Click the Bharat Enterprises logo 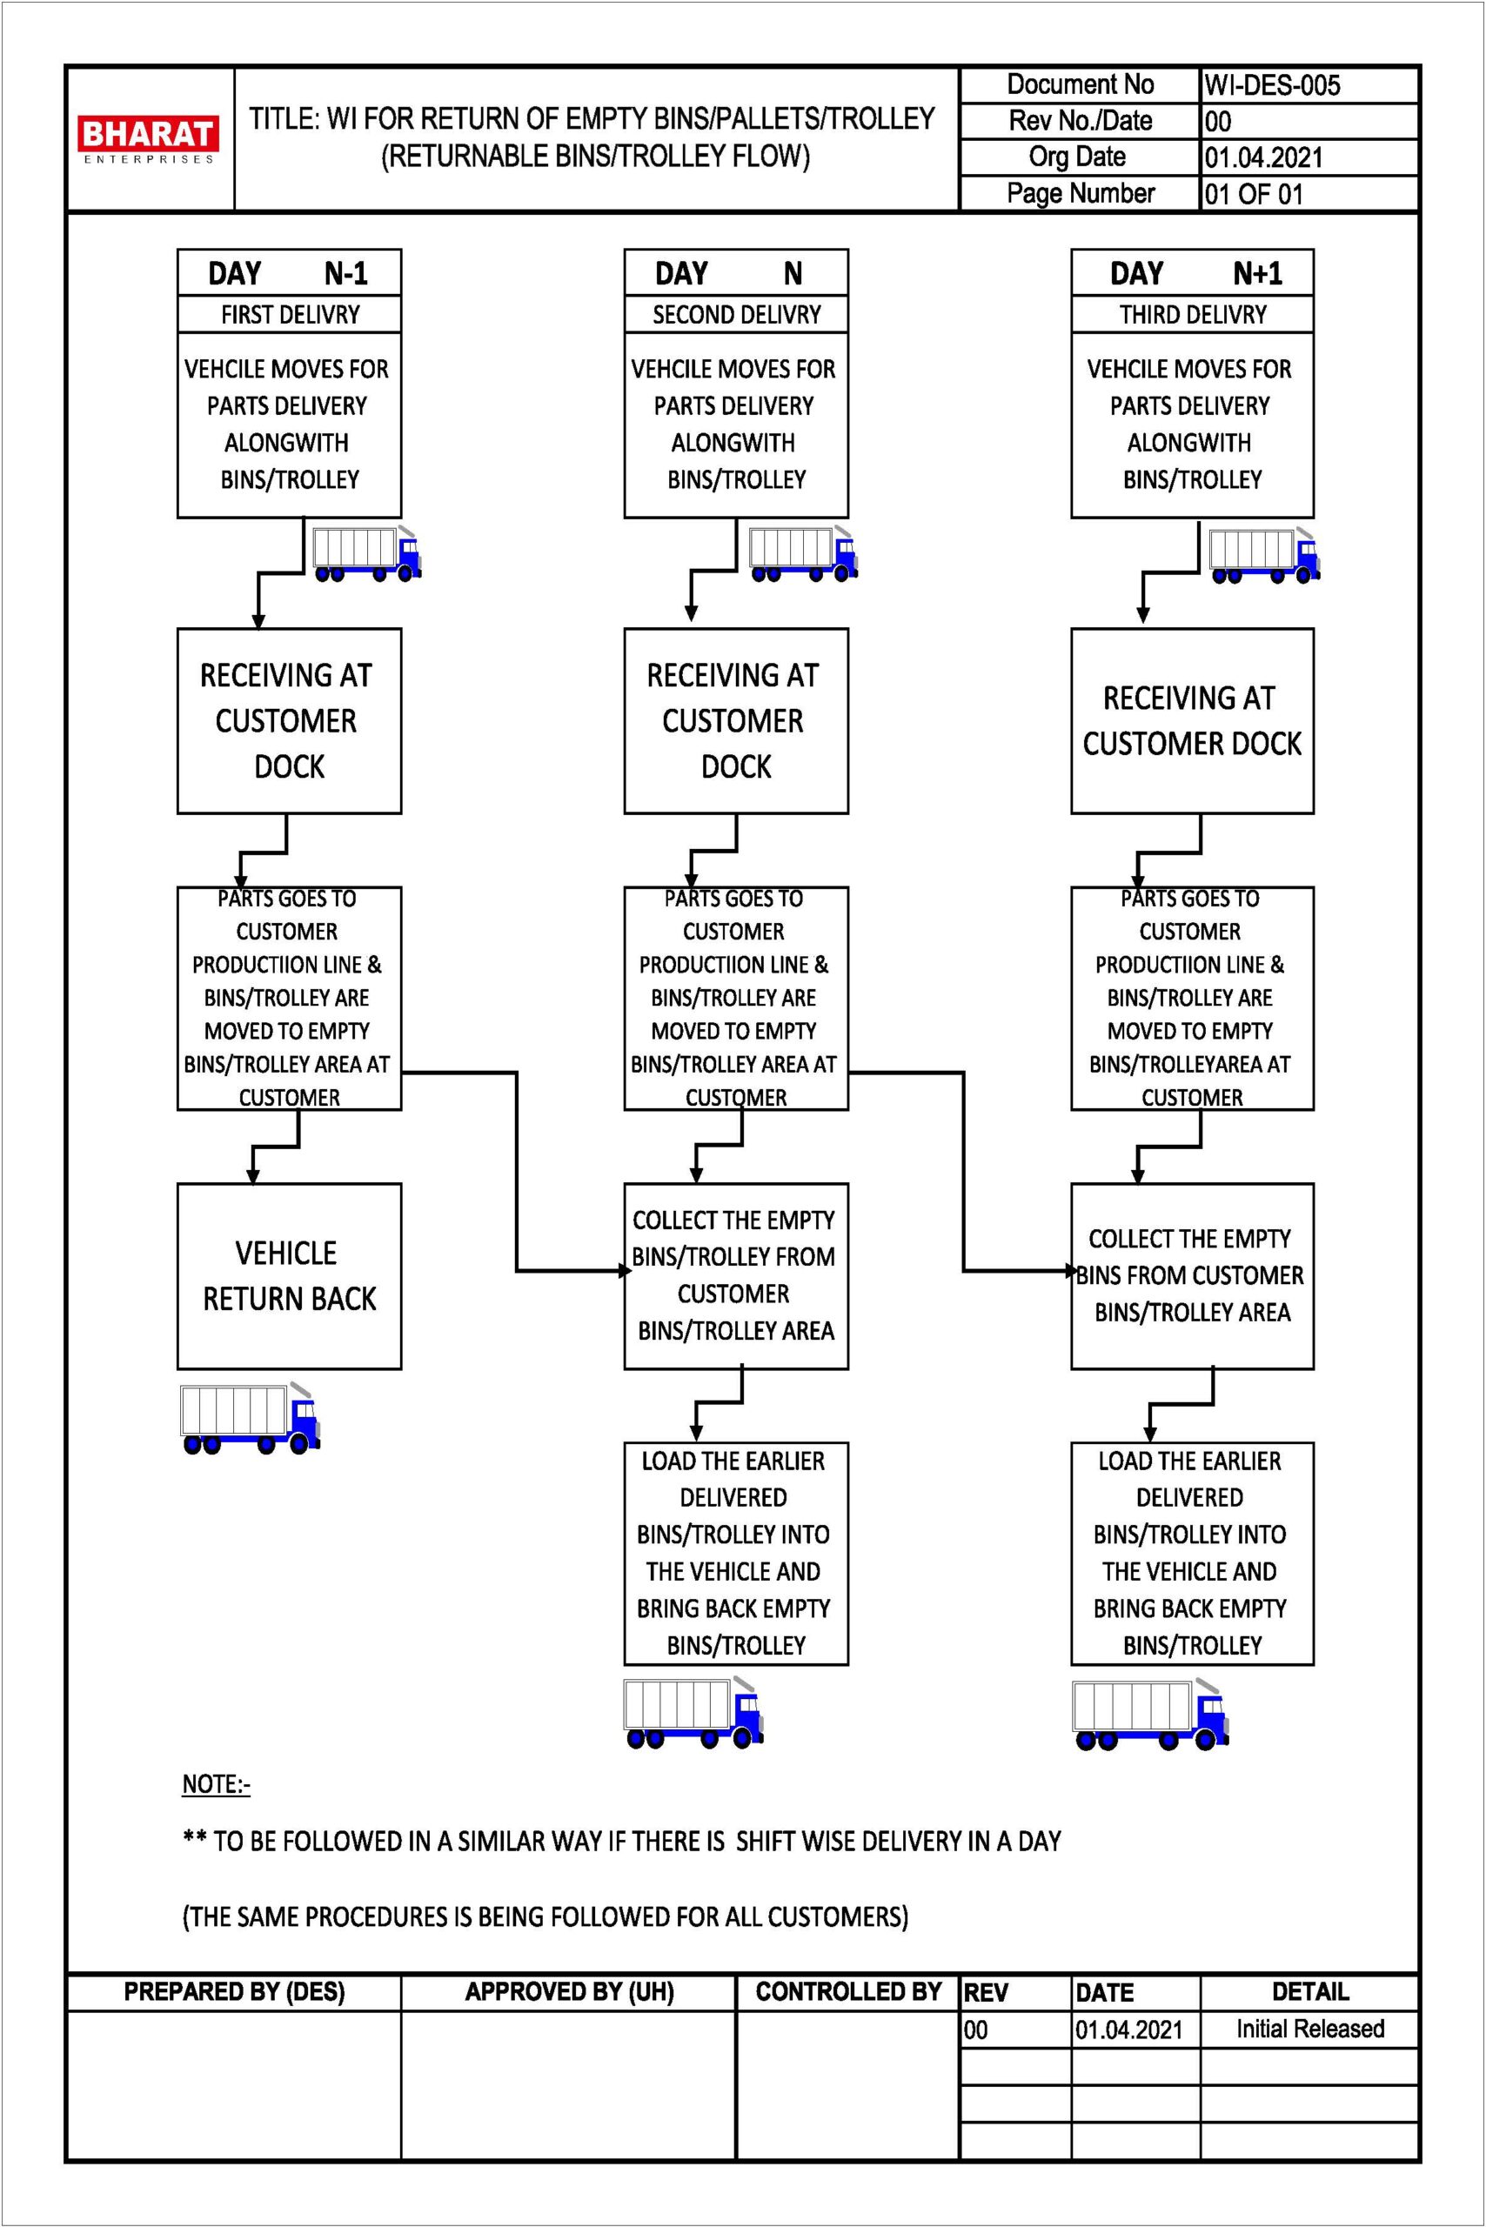[x=148, y=139]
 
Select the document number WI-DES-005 [x=1272, y=85]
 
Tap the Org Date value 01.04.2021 [x=1263, y=157]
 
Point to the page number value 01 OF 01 [x=1254, y=194]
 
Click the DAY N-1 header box [x=289, y=273]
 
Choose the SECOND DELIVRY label [x=736, y=315]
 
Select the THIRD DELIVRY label [x=1192, y=315]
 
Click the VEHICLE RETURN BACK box [x=289, y=1275]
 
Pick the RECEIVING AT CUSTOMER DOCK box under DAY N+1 [x=1192, y=721]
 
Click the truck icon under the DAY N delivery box [x=804, y=552]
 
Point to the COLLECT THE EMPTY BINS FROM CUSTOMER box [x=1192, y=1275]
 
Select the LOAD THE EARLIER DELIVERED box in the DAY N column [x=736, y=1553]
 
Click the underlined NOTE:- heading [x=216, y=1784]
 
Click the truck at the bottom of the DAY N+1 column [x=1150, y=1715]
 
